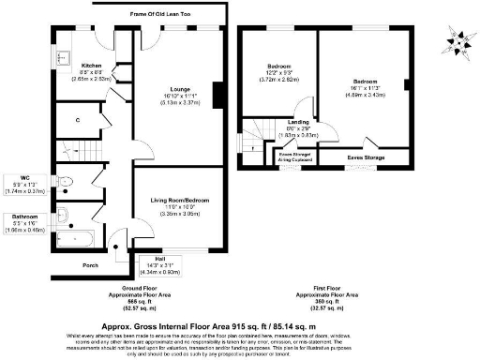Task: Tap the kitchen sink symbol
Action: [64, 56]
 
